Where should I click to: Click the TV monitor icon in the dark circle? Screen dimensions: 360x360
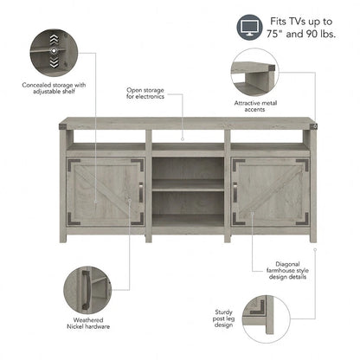pos(249,28)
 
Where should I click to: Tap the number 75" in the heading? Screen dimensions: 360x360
pos(275,34)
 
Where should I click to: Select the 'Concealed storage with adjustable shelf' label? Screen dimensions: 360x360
pos(54,88)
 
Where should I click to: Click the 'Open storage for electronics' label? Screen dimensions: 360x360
pos(145,93)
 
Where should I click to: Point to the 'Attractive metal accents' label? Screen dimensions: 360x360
pos(255,106)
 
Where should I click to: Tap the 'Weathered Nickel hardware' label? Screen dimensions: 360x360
pos(88,323)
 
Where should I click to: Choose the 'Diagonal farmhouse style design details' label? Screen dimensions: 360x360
pos(287,270)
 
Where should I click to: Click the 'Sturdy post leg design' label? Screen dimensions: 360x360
pos(223,318)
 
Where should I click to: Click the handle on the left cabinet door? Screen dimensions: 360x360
pos(141,192)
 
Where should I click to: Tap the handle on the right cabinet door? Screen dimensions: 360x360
pos(235,192)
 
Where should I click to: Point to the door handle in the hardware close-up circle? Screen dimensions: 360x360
pos(86,291)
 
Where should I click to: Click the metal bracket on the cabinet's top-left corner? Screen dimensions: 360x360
pos(63,126)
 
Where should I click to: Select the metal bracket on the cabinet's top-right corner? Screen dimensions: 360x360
pos(313,126)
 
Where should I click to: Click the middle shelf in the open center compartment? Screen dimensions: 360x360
pos(188,185)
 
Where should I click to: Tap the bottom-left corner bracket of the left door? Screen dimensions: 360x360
pos(74,218)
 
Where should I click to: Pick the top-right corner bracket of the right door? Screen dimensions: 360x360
pos(303,164)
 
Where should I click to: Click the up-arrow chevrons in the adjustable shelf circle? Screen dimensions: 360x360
pos(54,40)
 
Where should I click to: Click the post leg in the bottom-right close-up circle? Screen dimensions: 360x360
pos(269,314)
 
